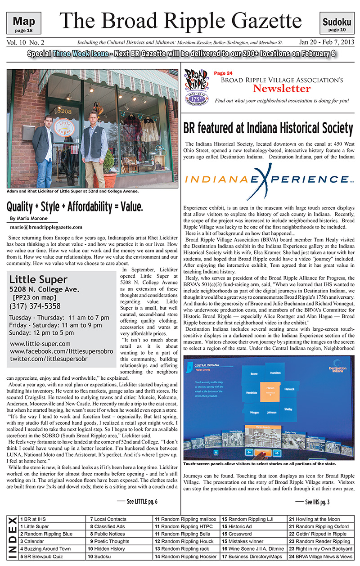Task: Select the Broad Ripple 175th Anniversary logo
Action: pos(197,88)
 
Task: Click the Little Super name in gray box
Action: pos(38,279)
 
